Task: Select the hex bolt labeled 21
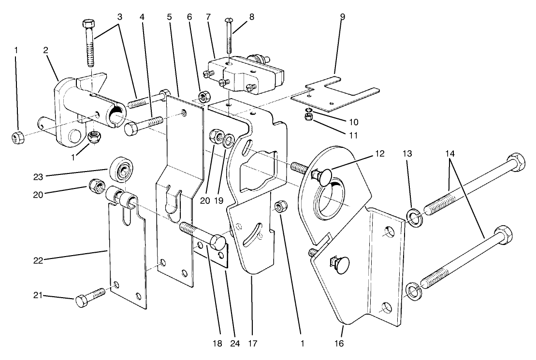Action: (x=89, y=297)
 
